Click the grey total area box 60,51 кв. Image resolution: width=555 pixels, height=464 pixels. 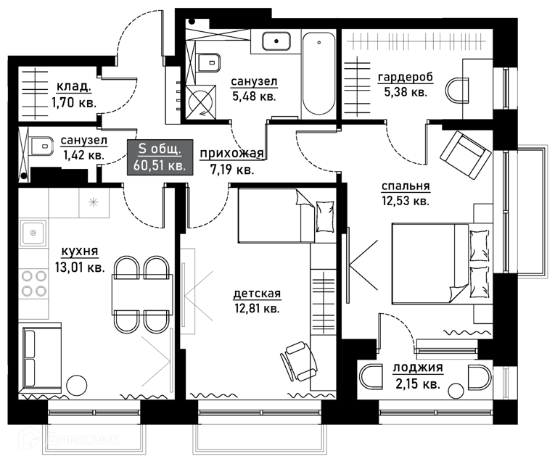coord(160,157)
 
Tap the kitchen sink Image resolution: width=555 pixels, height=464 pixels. coord(33,233)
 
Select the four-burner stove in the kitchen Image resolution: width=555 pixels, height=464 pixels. coord(34,283)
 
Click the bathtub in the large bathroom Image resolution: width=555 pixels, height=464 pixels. coord(318,73)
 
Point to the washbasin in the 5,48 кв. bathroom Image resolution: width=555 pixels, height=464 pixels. coord(276,41)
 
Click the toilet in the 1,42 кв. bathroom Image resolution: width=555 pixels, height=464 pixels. coord(41,146)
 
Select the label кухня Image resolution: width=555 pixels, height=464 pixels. coord(80,252)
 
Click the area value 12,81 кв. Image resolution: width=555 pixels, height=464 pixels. coord(257,308)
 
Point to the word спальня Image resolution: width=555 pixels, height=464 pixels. coord(406,186)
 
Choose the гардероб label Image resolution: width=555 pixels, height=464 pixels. coord(406,77)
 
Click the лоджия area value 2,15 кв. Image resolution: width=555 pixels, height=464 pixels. coord(418,384)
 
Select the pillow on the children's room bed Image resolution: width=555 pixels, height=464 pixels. coord(325,217)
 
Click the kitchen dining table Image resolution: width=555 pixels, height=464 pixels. coord(143,294)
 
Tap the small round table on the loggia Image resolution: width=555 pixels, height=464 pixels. coord(456,391)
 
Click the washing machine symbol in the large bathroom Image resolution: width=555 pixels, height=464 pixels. coord(201,101)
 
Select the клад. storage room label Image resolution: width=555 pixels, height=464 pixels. coord(74,86)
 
